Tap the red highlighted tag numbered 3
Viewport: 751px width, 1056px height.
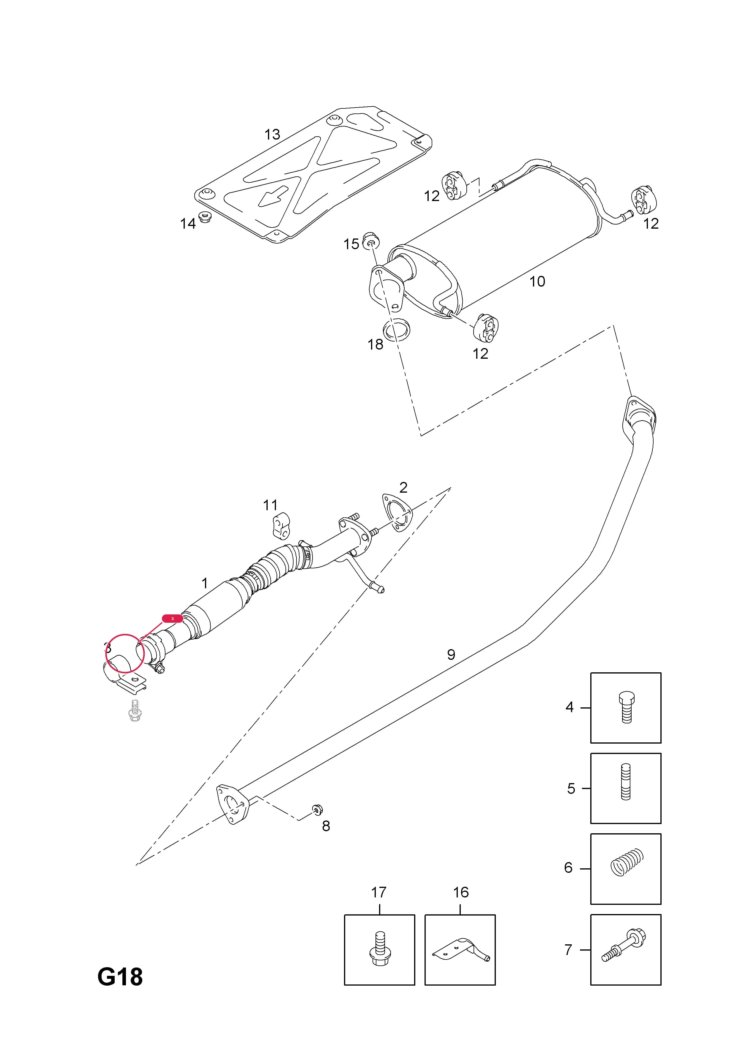[173, 618]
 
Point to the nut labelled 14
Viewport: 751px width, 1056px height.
[204, 217]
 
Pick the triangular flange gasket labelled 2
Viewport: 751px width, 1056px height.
[397, 513]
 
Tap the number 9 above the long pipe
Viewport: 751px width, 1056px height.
[451, 655]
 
